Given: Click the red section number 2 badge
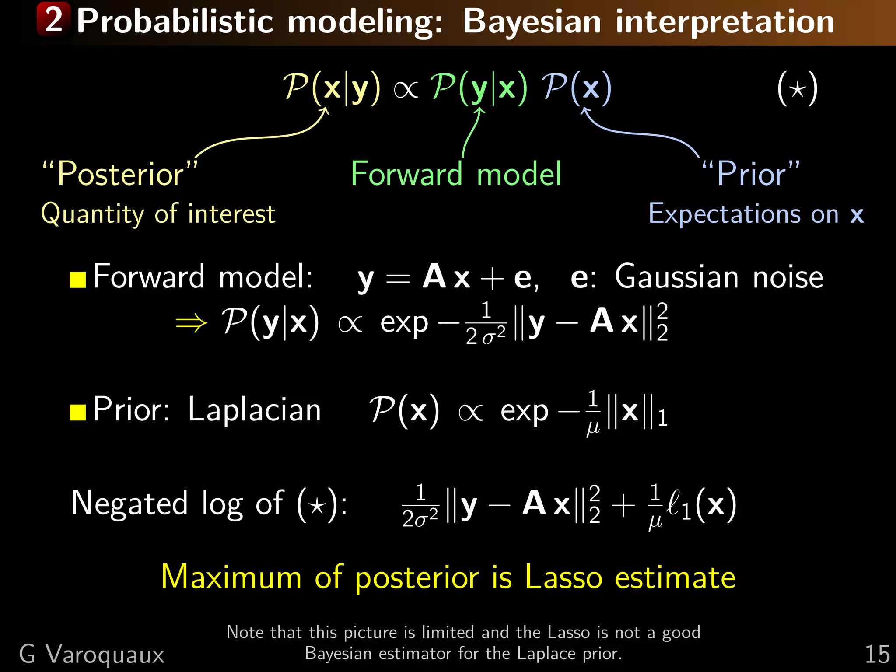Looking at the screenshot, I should [53, 19].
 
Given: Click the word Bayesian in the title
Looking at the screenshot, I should [532, 22].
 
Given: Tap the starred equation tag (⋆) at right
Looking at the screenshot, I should [797, 89].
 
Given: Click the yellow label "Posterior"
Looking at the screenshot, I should [119, 174].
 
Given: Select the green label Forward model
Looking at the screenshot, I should [456, 174].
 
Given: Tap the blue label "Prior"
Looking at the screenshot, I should [751, 174].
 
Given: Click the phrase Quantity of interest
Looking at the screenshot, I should [158, 214].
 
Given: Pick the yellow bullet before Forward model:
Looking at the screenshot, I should [78, 279].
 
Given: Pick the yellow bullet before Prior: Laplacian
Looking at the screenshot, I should [78, 412].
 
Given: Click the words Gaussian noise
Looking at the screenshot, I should [718, 277].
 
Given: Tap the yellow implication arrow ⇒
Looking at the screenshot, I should [191, 323].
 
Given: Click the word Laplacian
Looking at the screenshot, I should [254, 410].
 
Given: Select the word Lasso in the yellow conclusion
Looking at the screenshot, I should [563, 577].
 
